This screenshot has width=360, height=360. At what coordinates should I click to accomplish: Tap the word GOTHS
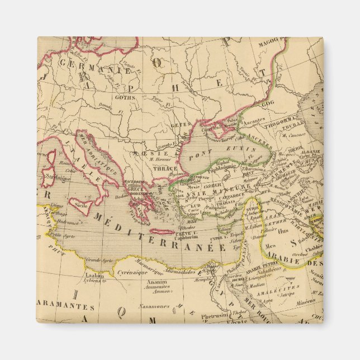125,96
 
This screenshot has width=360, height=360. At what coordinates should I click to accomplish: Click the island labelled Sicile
80,205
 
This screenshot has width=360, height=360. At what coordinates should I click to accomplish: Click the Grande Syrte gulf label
98,259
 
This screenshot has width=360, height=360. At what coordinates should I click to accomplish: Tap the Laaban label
91,275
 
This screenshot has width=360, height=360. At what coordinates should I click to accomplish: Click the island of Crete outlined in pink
162,231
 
